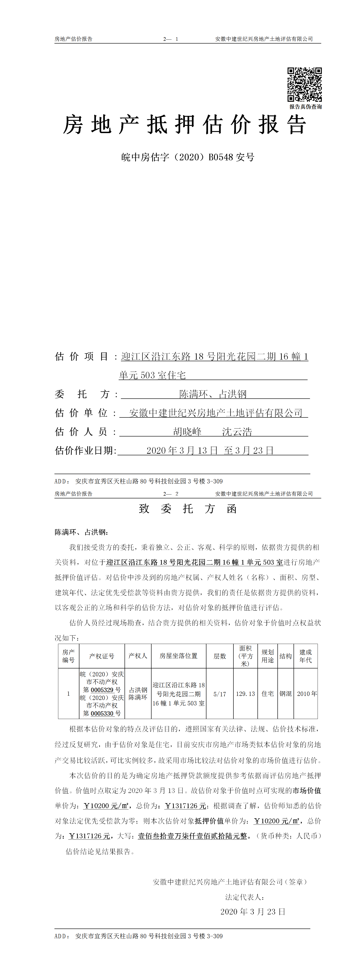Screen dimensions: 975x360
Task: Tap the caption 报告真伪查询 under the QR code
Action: (x=306, y=107)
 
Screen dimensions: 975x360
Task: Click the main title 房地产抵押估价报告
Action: (x=184, y=125)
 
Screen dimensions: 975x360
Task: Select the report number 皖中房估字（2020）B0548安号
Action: (x=188, y=157)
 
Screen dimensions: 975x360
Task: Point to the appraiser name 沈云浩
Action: (x=237, y=431)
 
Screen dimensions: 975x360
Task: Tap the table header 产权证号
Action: (x=101, y=656)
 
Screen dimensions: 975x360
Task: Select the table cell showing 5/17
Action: (x=220, y=694)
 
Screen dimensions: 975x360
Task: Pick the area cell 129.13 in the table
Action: (x=245, y=694)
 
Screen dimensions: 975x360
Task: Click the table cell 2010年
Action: (x=307, y=694)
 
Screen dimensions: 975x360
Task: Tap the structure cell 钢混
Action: (x=285, y=694)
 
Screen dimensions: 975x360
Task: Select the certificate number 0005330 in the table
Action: (x=102, y=714)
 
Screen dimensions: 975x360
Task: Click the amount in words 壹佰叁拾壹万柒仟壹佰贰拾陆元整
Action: (x=192, y=836)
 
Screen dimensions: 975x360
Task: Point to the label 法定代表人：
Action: (x=245, y=897)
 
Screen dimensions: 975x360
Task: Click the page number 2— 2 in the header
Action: (x=171, y=494)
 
